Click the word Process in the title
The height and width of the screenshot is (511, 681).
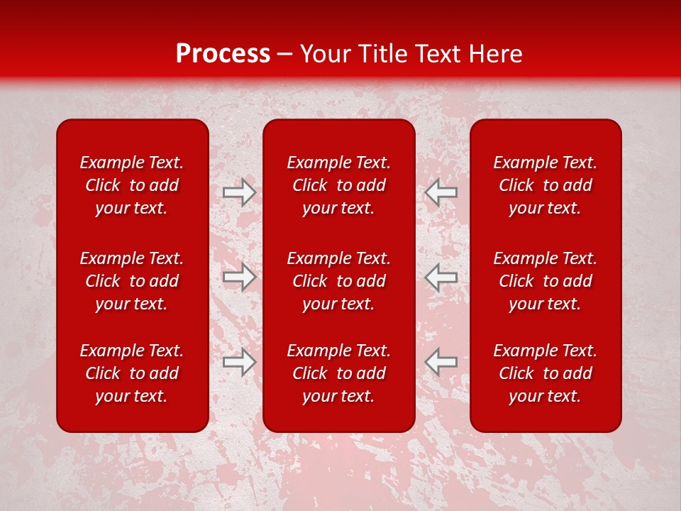click(223, 54)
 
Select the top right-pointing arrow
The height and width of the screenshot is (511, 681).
click(240, 192)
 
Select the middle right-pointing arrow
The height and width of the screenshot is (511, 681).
click(240, 277)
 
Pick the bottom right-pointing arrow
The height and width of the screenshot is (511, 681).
click(240, 362)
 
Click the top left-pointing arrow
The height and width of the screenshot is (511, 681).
click(441, 192)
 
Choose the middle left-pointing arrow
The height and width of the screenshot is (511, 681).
click(441, 277)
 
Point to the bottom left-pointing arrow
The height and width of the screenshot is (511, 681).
click(441, 362)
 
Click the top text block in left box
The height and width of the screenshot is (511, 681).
click(132, 185)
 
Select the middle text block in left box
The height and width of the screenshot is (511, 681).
click(132, 281)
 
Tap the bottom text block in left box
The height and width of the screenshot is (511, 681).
click(132, 373)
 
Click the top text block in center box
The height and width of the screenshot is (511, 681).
click(339, 185)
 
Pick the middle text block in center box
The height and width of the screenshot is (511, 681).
click(339, 281)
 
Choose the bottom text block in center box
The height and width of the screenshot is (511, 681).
click(339, 373)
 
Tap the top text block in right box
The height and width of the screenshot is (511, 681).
click(546, 185)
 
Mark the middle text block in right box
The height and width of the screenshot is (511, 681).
click(546, 281)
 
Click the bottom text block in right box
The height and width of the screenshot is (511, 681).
click(546, 373)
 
